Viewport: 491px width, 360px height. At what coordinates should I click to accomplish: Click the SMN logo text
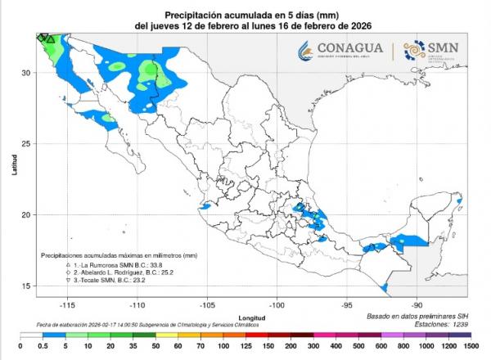pyautogui.click(x=444, y=47)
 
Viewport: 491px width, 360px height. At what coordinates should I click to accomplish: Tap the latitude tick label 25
pyautogui.click(x=25, y=144)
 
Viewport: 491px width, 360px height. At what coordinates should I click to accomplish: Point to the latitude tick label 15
pyautogui.click(x=25, y=286)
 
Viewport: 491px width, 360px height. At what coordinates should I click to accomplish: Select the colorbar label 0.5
pyautogui.click(x=36, y=348)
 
